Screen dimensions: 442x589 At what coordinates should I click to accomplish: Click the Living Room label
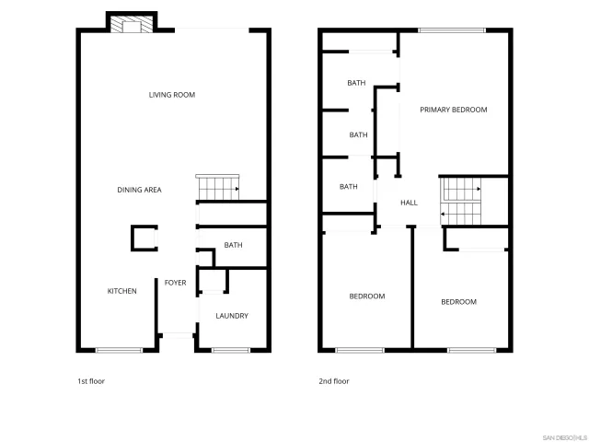pyautogui.click(x=172, y=95)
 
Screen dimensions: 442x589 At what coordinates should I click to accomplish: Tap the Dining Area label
pyautogui.click(x=140, y=190)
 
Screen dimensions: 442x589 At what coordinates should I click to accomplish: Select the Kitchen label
pyautogui.click(x=122, y=291)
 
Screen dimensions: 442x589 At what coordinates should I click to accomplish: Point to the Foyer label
pyautogui.click(x=176, y=283)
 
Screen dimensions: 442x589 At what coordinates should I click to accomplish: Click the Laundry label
pyautogui.click(x=232, y=316)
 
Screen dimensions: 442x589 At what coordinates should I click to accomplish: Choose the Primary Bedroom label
pyautogui.click(x=454, y=110)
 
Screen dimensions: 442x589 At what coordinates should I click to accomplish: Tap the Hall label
pyautogui.click(x=410, y=204)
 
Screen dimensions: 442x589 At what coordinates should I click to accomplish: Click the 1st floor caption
pyautogui.click(x=90, y=380)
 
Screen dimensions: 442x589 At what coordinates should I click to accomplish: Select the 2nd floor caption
pyautogui.click(x=334, y=380)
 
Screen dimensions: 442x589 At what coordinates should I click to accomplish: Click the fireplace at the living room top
pyautogui.click(x=131, y=25)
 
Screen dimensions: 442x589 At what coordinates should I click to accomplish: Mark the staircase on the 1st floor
pyautogui.click(x=217, y=188)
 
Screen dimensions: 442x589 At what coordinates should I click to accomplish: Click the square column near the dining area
pyautogui.click(x=143, y=239)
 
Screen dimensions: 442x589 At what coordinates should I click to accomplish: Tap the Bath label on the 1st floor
pyautogui.click(x=234, y=245)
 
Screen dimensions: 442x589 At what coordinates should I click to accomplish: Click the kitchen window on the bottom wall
pyautogui.click(x=119, y=350)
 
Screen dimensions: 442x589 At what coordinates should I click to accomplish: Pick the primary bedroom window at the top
pyautogui.click(x=452, y=30)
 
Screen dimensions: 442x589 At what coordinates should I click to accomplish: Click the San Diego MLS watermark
pyautogui.click(x=562, y=436)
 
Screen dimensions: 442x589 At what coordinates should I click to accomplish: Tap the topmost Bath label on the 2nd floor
pyautogui.click(x=356, y=83)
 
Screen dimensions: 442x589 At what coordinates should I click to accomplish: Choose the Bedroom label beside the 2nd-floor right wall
pyautogui.click(x=458, y=302)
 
